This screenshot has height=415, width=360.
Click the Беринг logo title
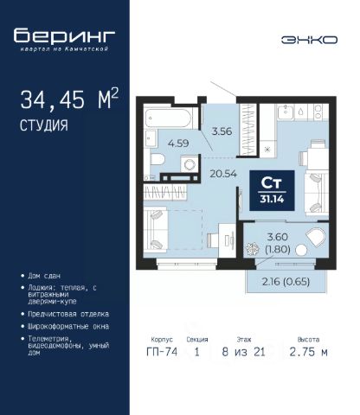click(64, 36)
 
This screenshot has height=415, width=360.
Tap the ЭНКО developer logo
click(309, 40)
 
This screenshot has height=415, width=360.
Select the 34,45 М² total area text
click(69, 99)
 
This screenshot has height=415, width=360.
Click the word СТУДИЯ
click(44, 125)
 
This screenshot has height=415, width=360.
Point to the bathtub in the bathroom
click(168, 118)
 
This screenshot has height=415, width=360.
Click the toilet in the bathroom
click(157, 159)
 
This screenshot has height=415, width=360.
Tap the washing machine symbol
click(190, 164)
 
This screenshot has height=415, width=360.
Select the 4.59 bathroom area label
click(178, 143)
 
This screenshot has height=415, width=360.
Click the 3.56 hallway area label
click(222, 131)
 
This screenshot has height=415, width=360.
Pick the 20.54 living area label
click(223, 174)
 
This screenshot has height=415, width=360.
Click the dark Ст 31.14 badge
click(272, 190)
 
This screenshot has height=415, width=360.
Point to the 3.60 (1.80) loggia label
click(278, 243)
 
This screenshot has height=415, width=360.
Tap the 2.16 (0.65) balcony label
click(286, 281)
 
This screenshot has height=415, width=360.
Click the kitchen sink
click(286, 112)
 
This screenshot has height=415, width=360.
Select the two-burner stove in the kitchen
click(318, 112)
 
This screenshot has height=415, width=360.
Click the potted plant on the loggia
click(253, 249)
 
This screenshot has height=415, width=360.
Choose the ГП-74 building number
click(162, 352)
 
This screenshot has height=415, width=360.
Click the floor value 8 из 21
click(243, 352)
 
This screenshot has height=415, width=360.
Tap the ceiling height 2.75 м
click(308, 352)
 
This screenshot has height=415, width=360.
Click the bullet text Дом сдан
click(44, 276)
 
